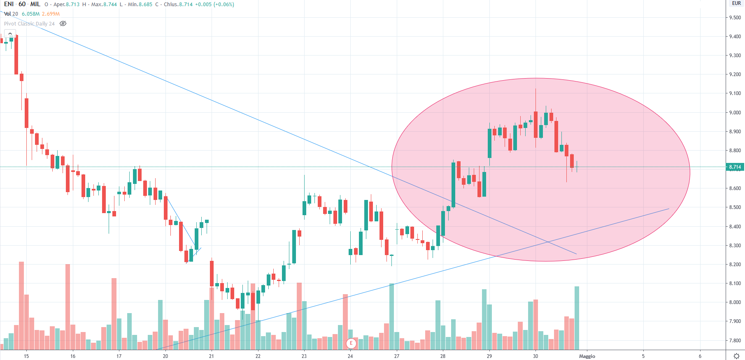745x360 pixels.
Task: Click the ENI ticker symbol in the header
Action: pos(9,4)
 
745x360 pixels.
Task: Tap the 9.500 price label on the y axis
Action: pos(735,18)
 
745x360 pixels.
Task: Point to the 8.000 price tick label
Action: pos(735,302)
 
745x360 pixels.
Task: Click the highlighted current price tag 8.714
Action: pos(735,167)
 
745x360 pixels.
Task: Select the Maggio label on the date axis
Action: pos(587,356)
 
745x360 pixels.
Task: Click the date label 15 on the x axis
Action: pos(26,356)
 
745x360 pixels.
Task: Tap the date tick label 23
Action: pos(304,356)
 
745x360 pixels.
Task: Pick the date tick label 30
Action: pos(535,356)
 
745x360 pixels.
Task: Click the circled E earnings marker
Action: pos(351,343)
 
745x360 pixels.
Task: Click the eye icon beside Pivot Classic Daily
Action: pos(63,23)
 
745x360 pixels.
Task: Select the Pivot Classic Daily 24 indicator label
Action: pos(29,23)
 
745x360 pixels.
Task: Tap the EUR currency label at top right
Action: pos(736,3)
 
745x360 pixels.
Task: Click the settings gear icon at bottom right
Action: pos(736,356)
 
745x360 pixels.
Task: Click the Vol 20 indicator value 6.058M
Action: pos(30,14)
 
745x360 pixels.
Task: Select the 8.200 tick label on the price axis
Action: pos(735,265)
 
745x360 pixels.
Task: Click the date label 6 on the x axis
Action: pos(700,356)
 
